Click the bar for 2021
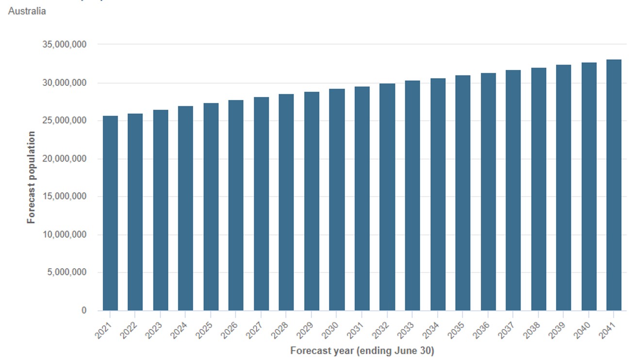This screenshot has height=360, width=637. pos(110,213)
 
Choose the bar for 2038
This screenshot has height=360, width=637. pos(539,189)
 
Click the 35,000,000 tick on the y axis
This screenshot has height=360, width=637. pos(65,45)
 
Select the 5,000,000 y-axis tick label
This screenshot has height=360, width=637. pos(66,272)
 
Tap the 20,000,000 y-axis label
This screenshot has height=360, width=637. pos(65,159)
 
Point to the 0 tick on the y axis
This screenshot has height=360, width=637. pos(83,311)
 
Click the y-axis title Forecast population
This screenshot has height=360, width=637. pos(32,177)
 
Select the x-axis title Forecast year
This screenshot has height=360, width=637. pos(362,350)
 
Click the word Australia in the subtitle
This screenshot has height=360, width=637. pos(27,11)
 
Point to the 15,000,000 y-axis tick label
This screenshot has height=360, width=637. pos(65,196)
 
